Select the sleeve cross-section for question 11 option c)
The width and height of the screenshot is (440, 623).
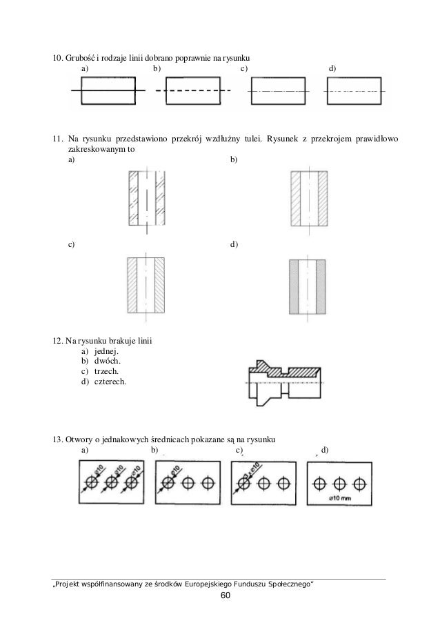click(146, 285)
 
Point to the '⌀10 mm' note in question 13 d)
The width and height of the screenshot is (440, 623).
click(341, 497)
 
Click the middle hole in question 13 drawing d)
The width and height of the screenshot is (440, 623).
click(340, 482)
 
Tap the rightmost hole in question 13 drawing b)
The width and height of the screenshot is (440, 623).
click(206, 482)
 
